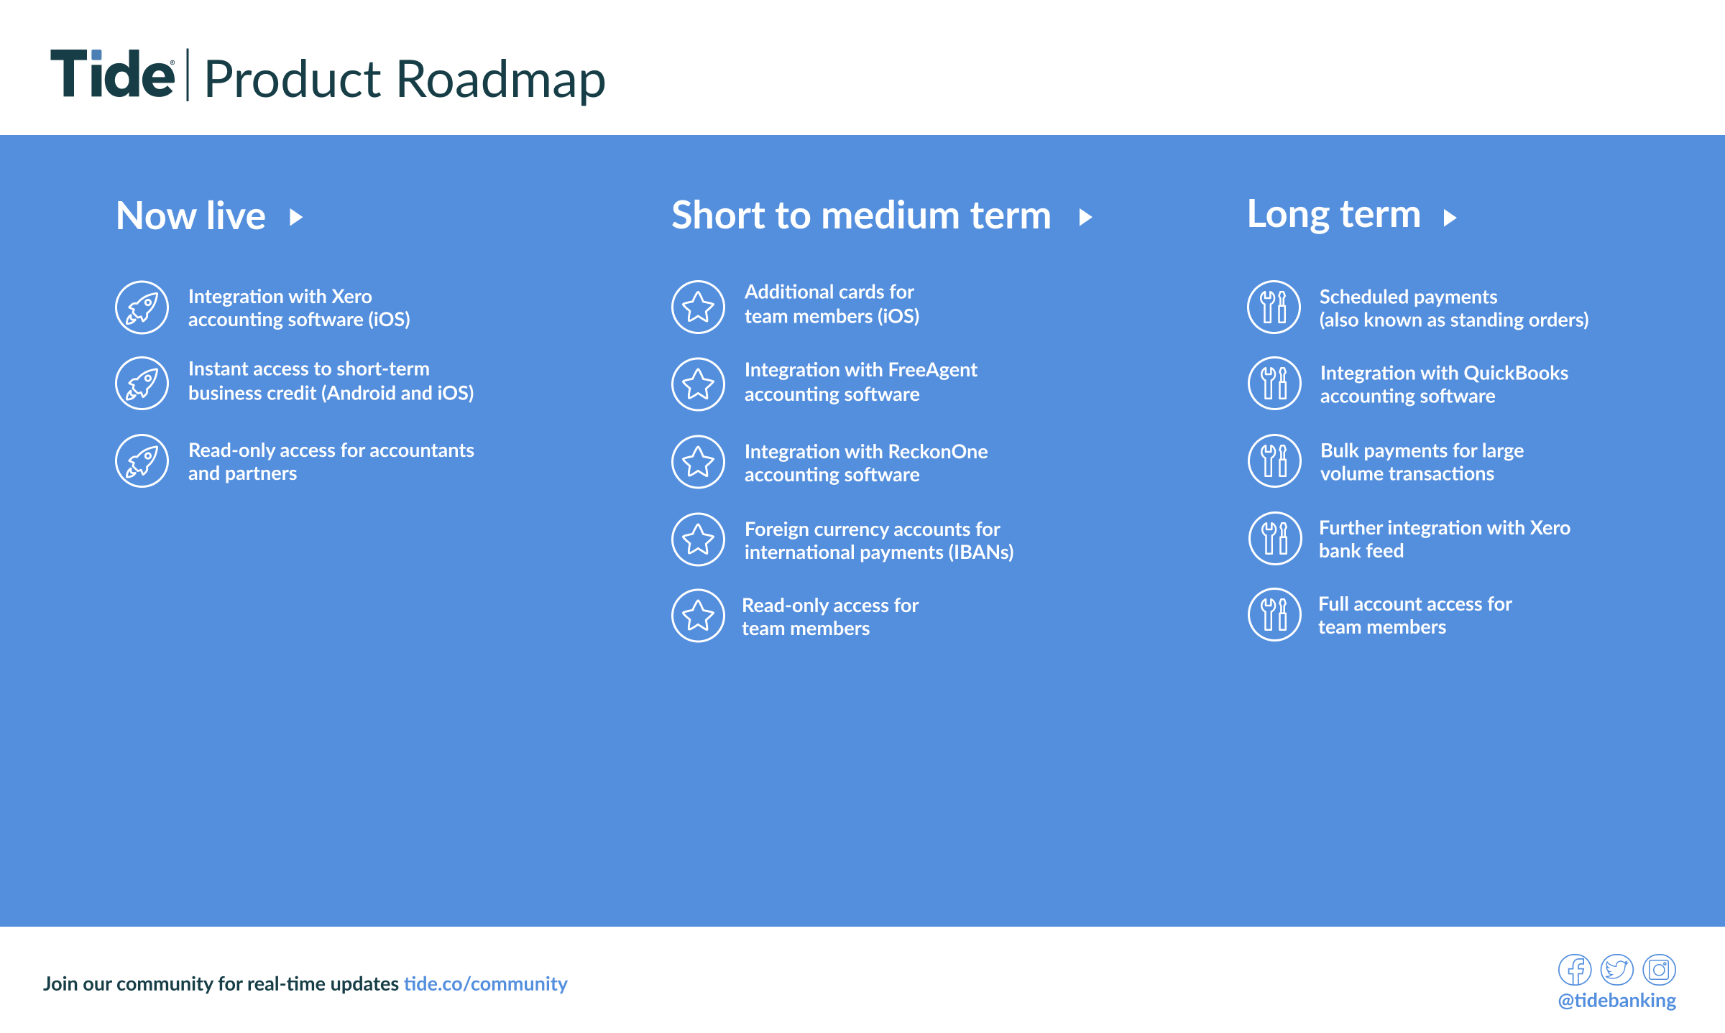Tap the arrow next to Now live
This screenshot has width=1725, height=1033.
click(295, 217)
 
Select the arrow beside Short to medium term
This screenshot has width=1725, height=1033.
click(1085, 217)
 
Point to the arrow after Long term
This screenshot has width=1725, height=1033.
click(1450, 217)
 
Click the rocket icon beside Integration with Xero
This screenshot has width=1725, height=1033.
click(142, 307)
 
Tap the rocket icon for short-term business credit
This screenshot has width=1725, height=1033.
click(142, 384)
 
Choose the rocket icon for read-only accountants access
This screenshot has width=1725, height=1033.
click(142, 461)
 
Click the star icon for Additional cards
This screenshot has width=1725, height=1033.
click(698, 307)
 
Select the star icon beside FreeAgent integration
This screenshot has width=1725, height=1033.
click(698, 384)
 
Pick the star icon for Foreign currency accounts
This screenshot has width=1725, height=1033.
click(698, 539)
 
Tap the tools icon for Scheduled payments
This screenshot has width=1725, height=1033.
click(1274, 307)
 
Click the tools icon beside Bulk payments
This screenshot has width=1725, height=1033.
click(1274, 461)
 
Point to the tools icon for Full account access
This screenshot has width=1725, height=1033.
click(1274, 615)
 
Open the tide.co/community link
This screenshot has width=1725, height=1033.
click(485, 983)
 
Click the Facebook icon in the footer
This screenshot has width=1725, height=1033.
click(1575, 970)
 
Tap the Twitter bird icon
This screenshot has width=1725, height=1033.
click(1617, 970)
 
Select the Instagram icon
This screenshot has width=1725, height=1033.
click(1659, 970)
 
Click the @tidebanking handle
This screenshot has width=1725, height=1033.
click(1617, 1001)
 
